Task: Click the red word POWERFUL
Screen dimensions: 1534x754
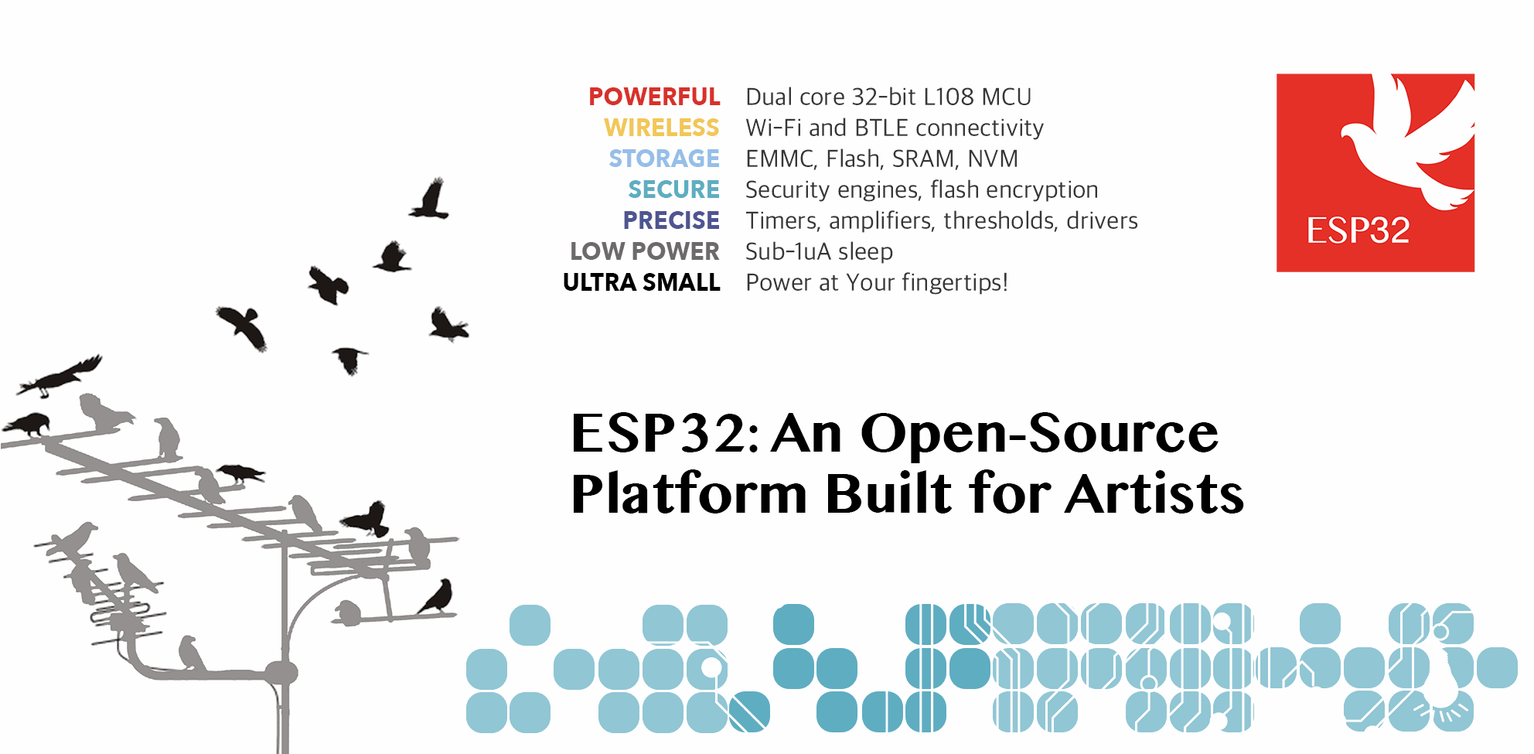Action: click(654, 97)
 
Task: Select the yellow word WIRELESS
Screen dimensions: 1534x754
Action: click(662, 128)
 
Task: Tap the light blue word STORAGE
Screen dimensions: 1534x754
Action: click(664, 159)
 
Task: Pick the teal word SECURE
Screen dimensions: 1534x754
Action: click(673, 189)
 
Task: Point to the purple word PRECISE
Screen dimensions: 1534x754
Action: click(671, 220)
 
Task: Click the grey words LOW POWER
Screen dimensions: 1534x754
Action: click(645, 251)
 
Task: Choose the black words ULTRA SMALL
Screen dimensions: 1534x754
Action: click(642, 282)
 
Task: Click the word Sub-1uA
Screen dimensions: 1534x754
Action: click(788, 251)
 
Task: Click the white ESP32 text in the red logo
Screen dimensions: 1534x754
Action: click(1358, 230)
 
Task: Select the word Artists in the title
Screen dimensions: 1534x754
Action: click(1154, 493)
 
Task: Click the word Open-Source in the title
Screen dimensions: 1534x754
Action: click(1039, 432)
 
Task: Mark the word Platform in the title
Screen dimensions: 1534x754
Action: click(689, 493)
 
